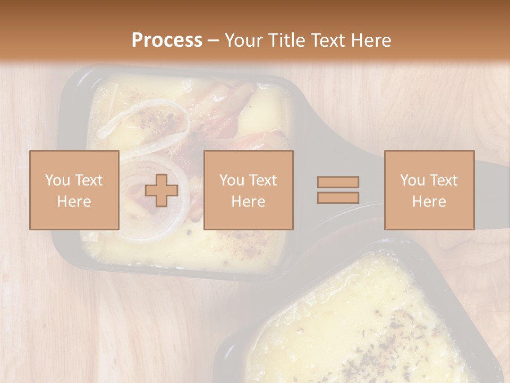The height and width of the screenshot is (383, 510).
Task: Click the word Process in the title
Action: pyautogui.click(x=167, y=40)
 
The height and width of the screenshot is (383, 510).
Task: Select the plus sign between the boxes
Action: pyautogui.click(x=161, y=190)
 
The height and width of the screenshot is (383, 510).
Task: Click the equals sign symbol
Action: pyautogui.click(x=338, y=190)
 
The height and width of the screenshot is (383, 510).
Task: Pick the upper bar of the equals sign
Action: pyautogui.click(x=338, y=182)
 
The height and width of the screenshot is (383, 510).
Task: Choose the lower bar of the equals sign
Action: pyautogui.click(x=338, y=197)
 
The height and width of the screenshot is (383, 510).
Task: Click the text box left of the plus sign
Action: pyautogui.click(x=74, y=190)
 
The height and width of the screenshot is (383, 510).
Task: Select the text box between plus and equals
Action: pyautogui.click(x=248, y=190)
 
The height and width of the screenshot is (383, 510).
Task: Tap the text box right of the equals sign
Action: pyautogui.click(x=429, y=190)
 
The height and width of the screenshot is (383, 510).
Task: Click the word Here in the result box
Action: pyautogui.click(x=429, y=201)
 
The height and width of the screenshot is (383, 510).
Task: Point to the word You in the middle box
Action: pyautogui.click(x=232, y=180)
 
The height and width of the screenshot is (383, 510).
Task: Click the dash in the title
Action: pyautogui.click(x=213, y=40)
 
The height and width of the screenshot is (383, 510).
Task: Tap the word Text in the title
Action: pyautogui.click(x=328, y=40)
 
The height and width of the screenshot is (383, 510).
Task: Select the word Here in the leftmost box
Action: pyautogui.click(x=74, y=201)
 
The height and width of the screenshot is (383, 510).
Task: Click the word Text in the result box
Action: pyautogui.click(x=443, y=180)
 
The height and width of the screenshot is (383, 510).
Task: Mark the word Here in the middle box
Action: pyautogui.click(x=248, y=201)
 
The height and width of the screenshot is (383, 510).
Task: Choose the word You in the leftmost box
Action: pyautogui.click(x=57, y=180)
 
